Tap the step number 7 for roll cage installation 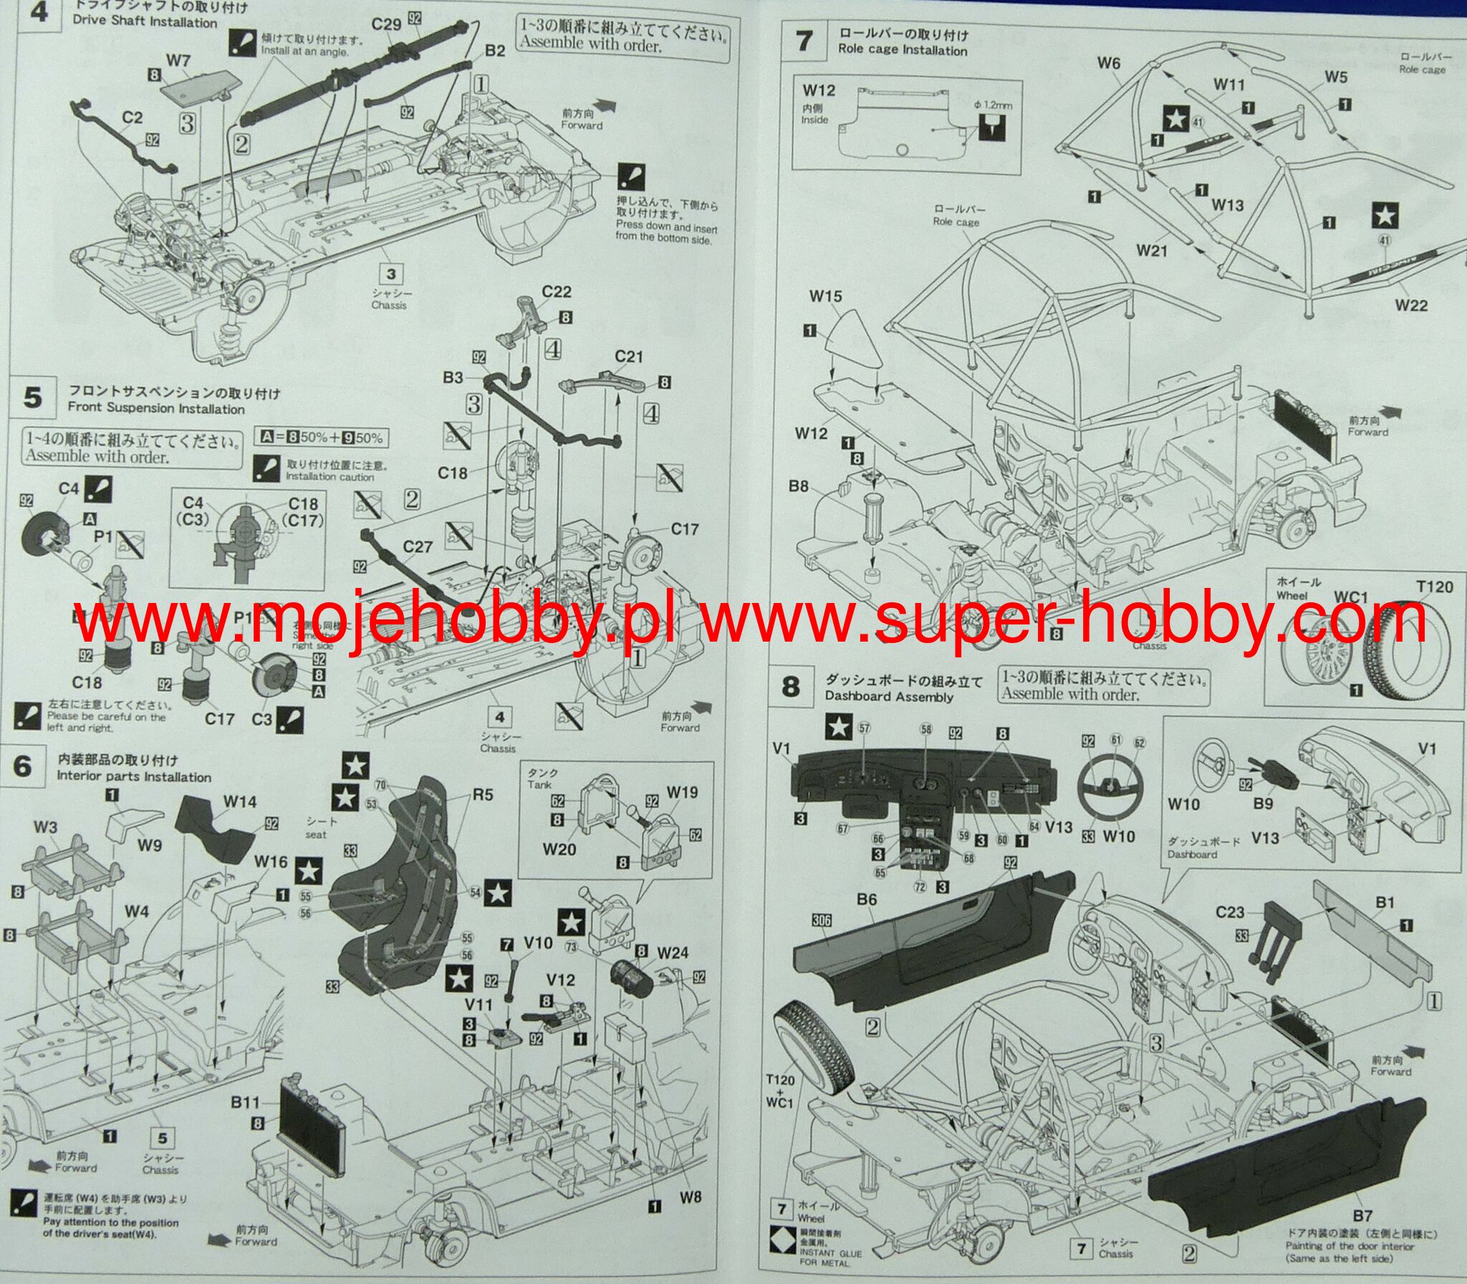tap(805, 41)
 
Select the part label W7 tap(178, 61)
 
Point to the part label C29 tap(386, 24)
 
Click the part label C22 tap(556, 291)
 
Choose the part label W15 tap(826, 296)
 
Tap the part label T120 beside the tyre tap(1435, 587)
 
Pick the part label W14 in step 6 tap(239, 802)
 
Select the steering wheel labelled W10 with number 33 tap(1109, 788)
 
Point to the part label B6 tap(867, 899)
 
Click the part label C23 tap(1230, 912)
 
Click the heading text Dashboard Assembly tap(889, 697)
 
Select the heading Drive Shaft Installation tap(145, 22)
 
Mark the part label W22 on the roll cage tap(1411, 305)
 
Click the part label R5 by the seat tap(482, 795)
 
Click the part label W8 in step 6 tap(690, 1197)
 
